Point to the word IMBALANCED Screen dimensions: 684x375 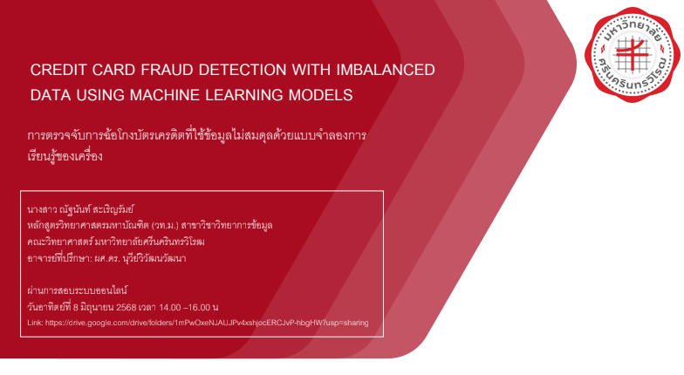(x=386, y=70)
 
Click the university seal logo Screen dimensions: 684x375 (x=632, y=54)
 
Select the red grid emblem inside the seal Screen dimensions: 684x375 (x=632, y=54)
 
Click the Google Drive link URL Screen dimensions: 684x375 (x=207, y=323)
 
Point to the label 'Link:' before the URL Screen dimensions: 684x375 (x=35, y=323)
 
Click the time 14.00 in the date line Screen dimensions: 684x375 (x=169, y=307)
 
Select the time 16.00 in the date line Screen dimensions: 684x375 (x=199, y=307)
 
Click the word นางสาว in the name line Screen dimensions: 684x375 (x=42, y=209)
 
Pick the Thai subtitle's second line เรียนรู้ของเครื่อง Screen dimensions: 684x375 (x=65, y=155)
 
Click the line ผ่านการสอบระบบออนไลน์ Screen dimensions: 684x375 (x=77, y=290)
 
